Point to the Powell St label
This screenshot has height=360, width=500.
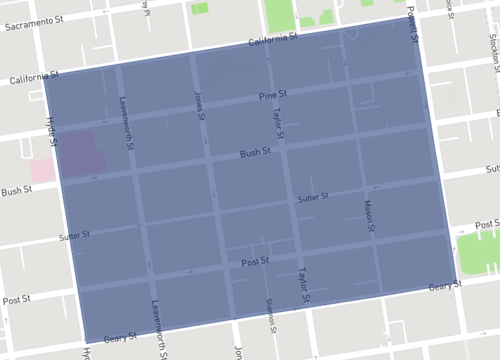(x=412, y=21)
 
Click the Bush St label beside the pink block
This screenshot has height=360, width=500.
(x=17, y=190)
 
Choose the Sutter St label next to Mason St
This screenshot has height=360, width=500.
(x=313, y=199)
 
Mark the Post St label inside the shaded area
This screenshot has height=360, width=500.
(x=256, y=261)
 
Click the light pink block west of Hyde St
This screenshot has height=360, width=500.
(x=43, y=170)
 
